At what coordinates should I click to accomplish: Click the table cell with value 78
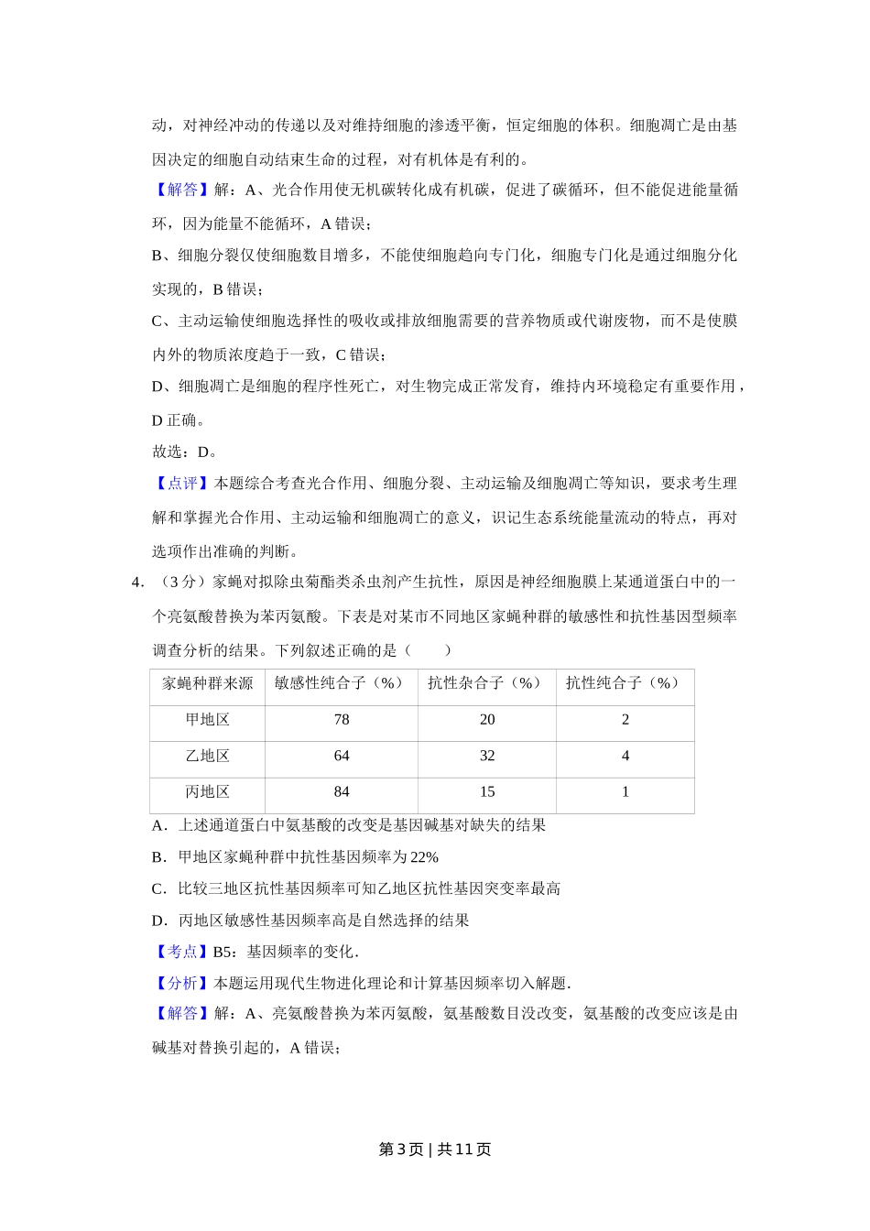342,720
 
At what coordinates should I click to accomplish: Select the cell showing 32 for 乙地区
487,756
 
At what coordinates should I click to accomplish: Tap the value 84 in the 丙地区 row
342,791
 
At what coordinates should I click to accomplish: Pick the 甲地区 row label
208,720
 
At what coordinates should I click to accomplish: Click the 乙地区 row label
208,756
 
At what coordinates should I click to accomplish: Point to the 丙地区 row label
208,791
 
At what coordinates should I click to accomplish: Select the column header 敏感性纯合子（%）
341,683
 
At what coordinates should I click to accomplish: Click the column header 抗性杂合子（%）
486,683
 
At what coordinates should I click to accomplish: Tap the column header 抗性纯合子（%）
625,683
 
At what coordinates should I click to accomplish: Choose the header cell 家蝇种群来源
208,683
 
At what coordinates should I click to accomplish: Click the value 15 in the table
487,791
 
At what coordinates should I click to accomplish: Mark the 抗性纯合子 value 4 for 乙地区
625,756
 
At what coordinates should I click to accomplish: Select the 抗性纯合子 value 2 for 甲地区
625,720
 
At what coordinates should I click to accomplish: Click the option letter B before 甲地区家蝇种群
158,857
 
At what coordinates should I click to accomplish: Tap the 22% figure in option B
424,857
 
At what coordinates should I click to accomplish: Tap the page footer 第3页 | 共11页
435,1149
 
